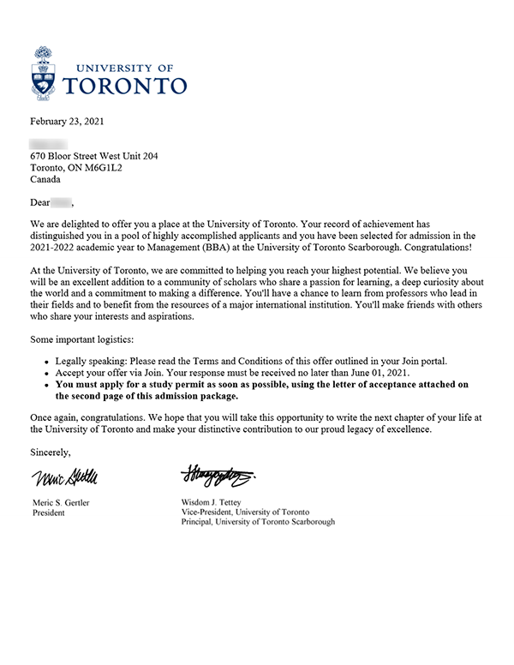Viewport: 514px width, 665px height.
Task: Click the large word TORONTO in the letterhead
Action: click(126, 86)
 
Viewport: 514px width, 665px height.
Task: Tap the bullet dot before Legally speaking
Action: click(45, 362)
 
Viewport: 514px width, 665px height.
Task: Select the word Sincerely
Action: click(51, 452)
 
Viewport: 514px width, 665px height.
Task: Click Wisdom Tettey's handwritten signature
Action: click(218, 473)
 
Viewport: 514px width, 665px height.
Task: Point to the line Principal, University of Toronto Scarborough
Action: click(258, 522)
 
